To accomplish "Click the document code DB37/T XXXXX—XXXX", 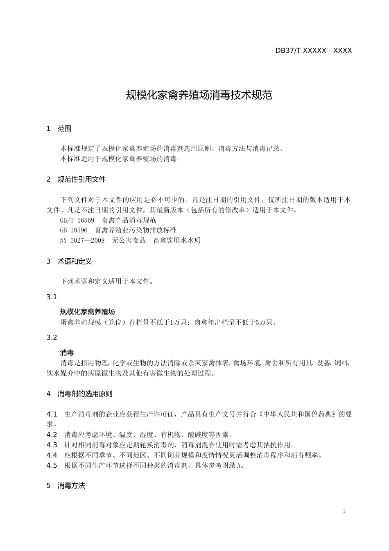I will (x=313, y=51).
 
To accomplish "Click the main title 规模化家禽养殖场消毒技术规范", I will (x=199, y=96).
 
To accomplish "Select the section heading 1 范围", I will (x=59, y=129).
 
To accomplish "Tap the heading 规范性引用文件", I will (x=81, y=180).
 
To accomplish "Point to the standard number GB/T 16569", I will (x=77, y=220).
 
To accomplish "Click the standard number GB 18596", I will (x=74, y=230).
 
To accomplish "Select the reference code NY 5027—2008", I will (x=82, y=241).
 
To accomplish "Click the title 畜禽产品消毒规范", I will (x=129, y=220).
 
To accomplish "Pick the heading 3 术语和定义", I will (x=69, y=261).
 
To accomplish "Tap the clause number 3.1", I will (x=52, y=297).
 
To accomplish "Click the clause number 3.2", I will (x=52, y=337).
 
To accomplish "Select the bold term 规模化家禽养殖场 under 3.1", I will (x=87, y=312).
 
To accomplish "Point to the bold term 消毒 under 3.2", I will (x=67, y=353).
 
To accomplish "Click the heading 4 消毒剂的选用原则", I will (x=79, y=394).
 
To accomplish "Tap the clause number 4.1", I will (x=52, y=414).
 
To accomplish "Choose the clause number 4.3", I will (x=52, y=445).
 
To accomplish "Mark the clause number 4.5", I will (x=52, y=465).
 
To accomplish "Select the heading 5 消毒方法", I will (x=66, y=486).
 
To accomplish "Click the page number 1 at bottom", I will (x=344, y=511).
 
